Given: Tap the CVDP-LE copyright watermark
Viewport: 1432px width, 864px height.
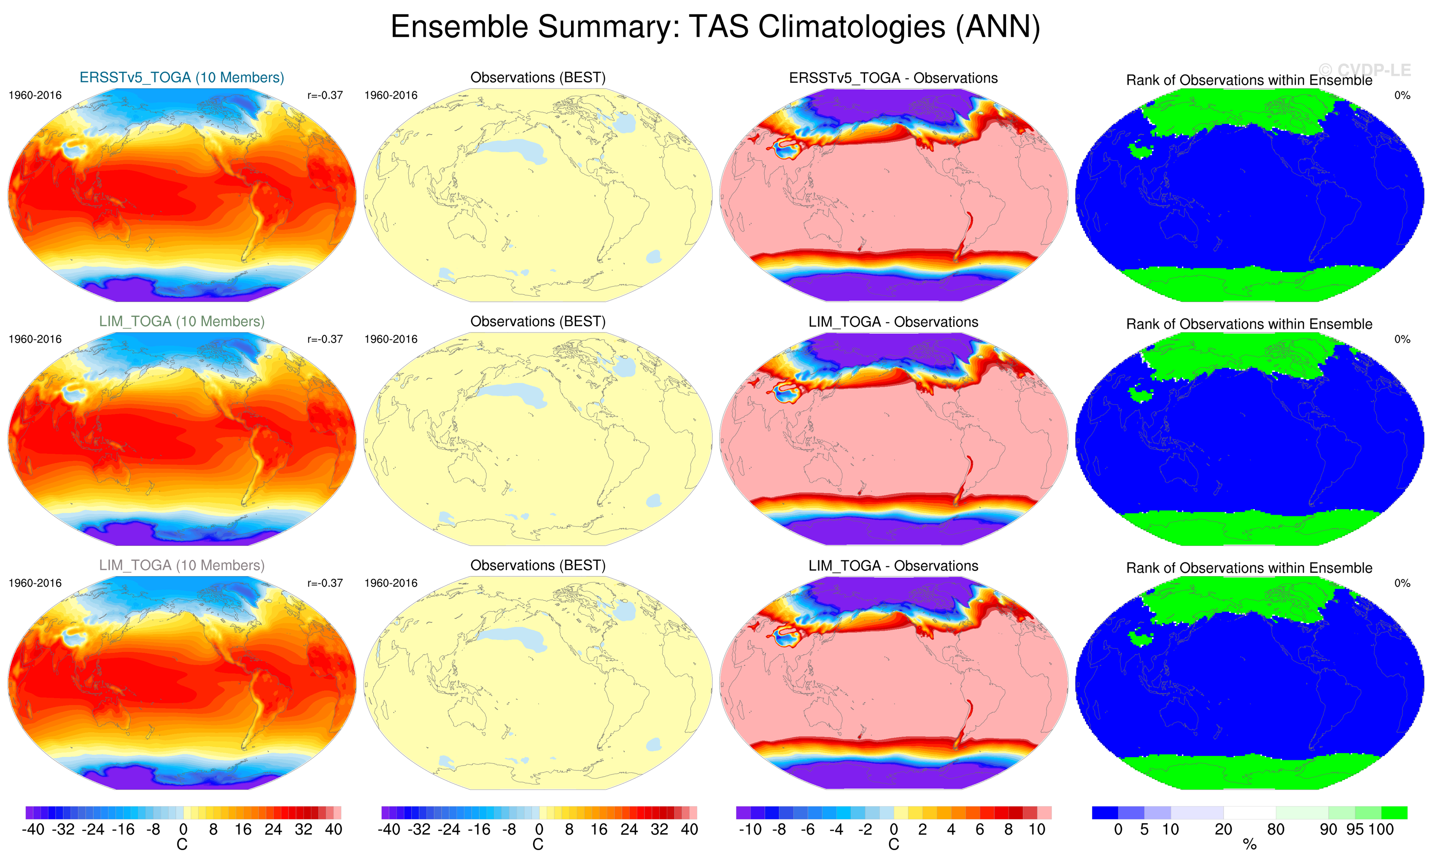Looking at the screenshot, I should (1364, 70).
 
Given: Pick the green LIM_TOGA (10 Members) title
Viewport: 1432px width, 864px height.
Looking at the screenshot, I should (181, 321).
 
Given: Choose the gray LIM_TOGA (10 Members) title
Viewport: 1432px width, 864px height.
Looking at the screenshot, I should (181, 565).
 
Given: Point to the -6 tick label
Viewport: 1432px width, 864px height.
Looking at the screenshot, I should (807, 829).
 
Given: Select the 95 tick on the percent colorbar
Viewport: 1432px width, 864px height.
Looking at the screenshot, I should (1355, 829).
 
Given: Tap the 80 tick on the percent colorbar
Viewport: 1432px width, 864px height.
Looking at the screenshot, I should (1276, 829).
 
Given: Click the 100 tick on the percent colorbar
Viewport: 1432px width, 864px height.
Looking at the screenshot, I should (1381, 829).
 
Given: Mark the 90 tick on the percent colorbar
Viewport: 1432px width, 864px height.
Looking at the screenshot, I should (1329, 829).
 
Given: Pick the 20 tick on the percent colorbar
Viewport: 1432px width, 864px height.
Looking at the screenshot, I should (1223, 829).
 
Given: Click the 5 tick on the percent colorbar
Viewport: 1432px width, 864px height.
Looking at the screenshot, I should (1144, 829).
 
